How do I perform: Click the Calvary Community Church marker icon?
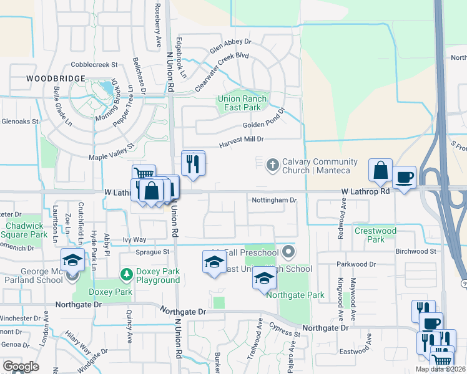tap(272, 165)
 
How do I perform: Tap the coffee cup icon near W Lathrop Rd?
tap(404, 177)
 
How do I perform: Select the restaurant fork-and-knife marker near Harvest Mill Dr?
tap(193, 163)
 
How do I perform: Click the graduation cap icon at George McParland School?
tap(72, 260)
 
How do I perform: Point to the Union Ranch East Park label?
tap(243, 103)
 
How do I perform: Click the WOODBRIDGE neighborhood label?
tap(56, 78)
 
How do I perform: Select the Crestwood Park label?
tap(375, 235)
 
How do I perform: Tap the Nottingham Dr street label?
tap(273, 201)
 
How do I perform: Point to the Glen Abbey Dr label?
tap(230, 46)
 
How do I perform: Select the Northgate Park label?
tap(295, 295)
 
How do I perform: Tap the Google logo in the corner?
tap(21, 367)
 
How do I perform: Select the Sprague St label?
tap(152, 252)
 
